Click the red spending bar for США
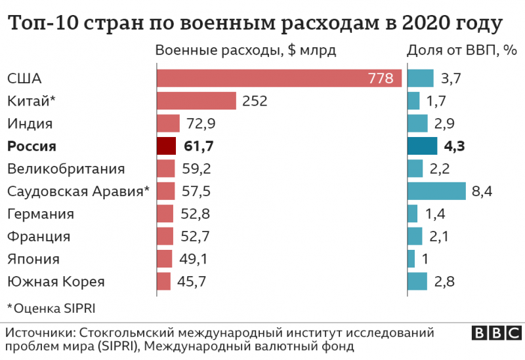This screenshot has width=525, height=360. click(279, 79)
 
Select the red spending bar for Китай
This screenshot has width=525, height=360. click(196, 101)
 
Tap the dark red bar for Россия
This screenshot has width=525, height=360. click(167, 146)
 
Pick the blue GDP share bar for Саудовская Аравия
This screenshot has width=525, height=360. click(436, 191)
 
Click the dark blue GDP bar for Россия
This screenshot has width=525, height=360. click(422, 146)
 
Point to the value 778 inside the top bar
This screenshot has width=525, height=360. click(380, 79)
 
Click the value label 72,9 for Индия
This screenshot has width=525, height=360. click(199, 123)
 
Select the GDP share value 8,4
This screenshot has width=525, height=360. click(482, 191)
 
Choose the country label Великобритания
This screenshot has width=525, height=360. click(66, 169)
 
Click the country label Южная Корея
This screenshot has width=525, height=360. click(56, 282)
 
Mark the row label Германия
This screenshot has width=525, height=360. click(40, 214)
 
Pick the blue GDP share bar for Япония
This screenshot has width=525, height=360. click(411, 259)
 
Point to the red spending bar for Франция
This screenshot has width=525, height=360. click(165, 237)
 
